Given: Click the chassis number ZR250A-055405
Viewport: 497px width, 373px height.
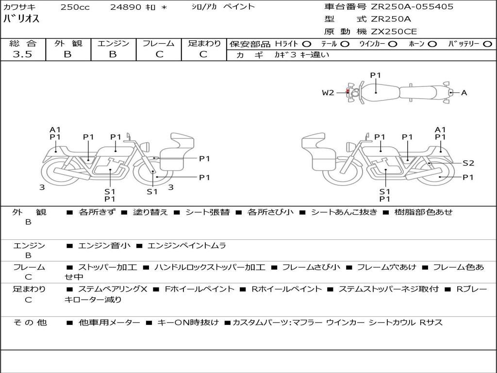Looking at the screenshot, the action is [x=412, y=7].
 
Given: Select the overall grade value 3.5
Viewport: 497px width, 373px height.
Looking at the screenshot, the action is [x=22, y=54].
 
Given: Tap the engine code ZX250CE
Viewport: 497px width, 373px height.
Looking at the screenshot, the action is [x=394, y=32].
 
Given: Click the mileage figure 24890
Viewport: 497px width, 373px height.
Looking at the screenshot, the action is [x=126, y=7].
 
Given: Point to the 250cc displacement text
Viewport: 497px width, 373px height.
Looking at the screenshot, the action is [x=75, y=7].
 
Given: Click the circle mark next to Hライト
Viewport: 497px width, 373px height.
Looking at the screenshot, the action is [x=307, y=44].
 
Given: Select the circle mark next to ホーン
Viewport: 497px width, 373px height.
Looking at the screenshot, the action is [x=432, y=44].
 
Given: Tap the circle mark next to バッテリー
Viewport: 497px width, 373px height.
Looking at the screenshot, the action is [x=487, y=44].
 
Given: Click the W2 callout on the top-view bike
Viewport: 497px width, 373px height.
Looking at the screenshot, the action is [x=328, y=93].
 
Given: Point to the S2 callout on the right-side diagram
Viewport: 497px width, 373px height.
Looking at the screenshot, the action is [x=468, y=163].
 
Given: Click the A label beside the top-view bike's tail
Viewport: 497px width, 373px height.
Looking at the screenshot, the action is [x=464, y=93].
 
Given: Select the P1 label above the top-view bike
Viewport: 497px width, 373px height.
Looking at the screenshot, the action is [x=375, y=75].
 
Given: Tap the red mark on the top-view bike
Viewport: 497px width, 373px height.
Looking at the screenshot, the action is [x=348, y=91].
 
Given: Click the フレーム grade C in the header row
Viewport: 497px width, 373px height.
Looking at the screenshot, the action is [x=159, y=54].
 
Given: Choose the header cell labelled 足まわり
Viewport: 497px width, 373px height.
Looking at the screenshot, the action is [x=204, y=43].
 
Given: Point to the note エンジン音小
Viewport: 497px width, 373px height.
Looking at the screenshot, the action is [x=104, y=245].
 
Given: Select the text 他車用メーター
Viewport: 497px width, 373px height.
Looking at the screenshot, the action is [x=109, y=322].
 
